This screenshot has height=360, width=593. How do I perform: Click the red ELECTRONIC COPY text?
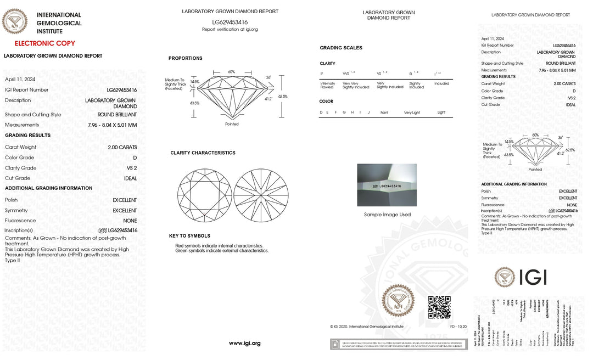[45, 43]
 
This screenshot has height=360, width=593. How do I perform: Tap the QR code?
[439, 307]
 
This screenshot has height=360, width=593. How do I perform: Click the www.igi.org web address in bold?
[244, 343]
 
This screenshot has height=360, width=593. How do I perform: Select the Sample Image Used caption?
[387, 215]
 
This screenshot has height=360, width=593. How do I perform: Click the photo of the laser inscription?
[387, 185]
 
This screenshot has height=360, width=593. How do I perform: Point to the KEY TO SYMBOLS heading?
[189, 236]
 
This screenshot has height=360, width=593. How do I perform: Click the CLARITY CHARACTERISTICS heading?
[203, 153]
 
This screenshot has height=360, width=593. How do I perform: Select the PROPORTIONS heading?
[185, 58]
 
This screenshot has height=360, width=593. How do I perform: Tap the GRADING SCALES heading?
[341, 48]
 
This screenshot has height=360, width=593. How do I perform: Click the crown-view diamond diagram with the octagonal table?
[204, 195]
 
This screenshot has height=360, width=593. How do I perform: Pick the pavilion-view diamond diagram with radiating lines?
[261, 195]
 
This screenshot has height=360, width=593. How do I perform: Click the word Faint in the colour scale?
[384, 113]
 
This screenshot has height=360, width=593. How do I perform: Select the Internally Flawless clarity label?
[327, 85]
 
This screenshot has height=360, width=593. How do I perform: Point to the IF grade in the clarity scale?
[322, 73]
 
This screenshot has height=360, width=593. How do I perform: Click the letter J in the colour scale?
[369, 113]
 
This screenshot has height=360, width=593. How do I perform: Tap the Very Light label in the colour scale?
[412, 113]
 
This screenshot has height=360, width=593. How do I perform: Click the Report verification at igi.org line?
[230, 30]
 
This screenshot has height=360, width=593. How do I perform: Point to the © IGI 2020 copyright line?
[366, 327]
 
